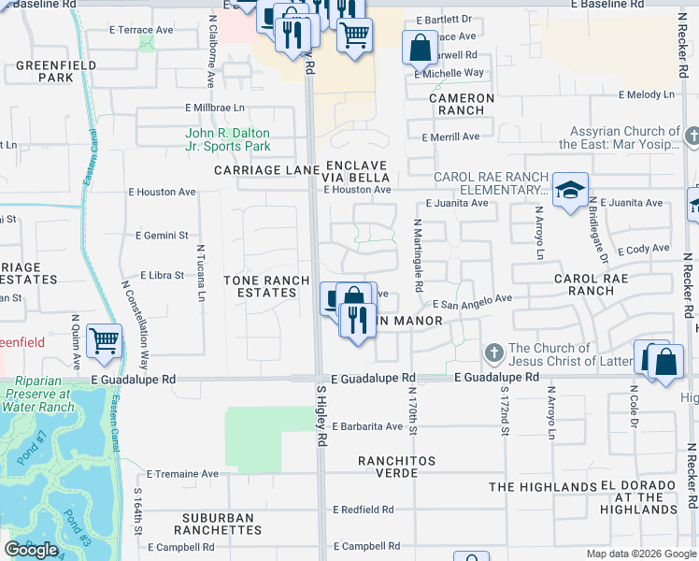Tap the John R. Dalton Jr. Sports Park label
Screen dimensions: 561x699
(x=228, y=139)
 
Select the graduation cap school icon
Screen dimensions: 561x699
(x=569, y=191)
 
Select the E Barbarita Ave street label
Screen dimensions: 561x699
(x=367, y=426)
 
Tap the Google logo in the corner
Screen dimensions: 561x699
(x=31, y=550)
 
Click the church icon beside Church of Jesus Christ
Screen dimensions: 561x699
(x=494, y=354)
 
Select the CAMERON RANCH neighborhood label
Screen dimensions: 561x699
(x=462, y=104)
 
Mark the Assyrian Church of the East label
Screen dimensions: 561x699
(x=620, y=138)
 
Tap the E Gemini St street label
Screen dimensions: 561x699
(x=163, y=236)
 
